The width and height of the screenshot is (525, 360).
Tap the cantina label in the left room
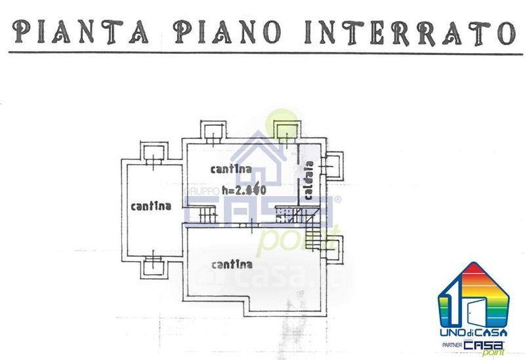(151, 206)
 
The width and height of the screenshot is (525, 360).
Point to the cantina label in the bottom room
(232, 265)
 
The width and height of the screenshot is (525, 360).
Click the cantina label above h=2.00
(231, 169)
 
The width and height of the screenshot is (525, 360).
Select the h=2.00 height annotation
(243, 191)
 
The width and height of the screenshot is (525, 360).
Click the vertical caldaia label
(307, 180)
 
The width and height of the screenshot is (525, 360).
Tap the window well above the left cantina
(154, 152)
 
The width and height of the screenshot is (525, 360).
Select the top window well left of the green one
(213, 131)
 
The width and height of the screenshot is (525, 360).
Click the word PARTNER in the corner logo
(450, 346)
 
